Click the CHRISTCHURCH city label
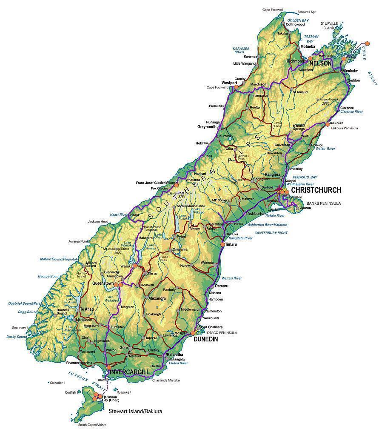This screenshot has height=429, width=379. [316, 190]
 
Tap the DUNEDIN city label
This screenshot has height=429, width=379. [205, 339]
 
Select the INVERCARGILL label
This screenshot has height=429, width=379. [130, 372]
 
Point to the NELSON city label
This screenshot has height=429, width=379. [320, 63]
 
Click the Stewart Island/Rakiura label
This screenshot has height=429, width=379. [135, 412]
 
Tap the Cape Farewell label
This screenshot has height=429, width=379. [273, 9]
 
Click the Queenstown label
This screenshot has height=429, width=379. [103, 283]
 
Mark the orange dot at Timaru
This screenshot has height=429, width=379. [222, 245]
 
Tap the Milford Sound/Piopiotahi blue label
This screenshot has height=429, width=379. [59, 259]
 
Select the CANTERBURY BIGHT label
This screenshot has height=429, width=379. [271, 233]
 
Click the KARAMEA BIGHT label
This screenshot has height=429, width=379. [241, 51]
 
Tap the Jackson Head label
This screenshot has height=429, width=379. [98, 221]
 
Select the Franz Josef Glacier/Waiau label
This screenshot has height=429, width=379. [155, 183]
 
